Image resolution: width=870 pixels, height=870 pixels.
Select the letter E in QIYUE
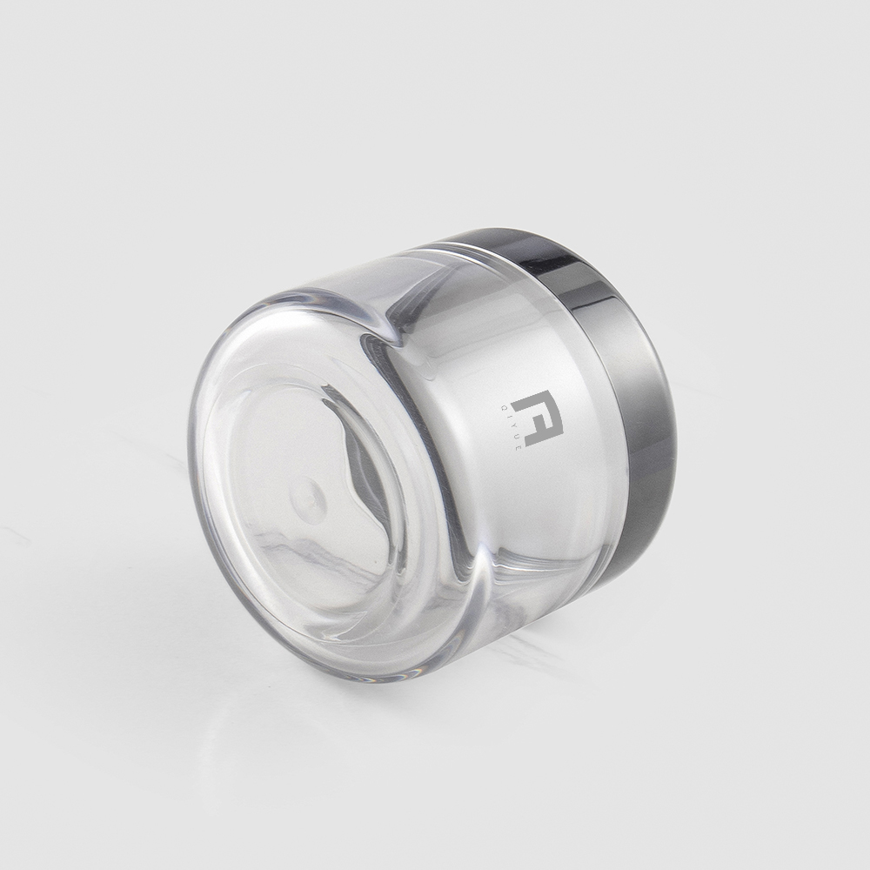(518, 447)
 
